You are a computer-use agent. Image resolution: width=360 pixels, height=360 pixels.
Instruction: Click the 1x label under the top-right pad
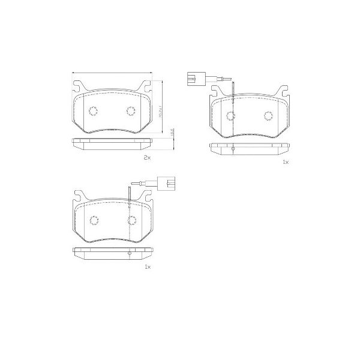point(285,162)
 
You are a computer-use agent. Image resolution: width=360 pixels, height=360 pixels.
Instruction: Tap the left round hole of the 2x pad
point(93,111)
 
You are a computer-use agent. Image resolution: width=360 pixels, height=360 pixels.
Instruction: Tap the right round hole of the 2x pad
point(131,110)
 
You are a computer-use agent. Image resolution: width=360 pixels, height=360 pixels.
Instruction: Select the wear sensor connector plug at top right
point(193,77)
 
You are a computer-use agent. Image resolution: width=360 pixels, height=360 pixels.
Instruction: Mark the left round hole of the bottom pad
point(94,220)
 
